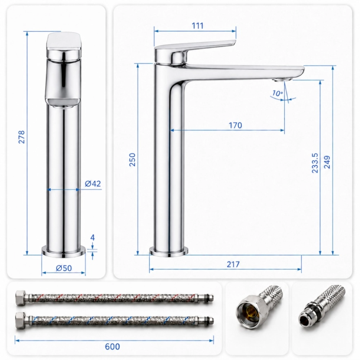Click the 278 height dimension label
[x=21, y=137]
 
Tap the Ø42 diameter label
[x=93, y=184]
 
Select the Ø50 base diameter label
[x=64, y=268]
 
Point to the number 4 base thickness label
[x=93, y=237]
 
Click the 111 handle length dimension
[x=197, y=26]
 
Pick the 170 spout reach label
[x=235, y=125]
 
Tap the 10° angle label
[x=278, y=93]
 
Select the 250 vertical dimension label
[x=132, y=159]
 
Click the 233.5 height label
[x=315, y=163]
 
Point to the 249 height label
[x=327, y=162]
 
